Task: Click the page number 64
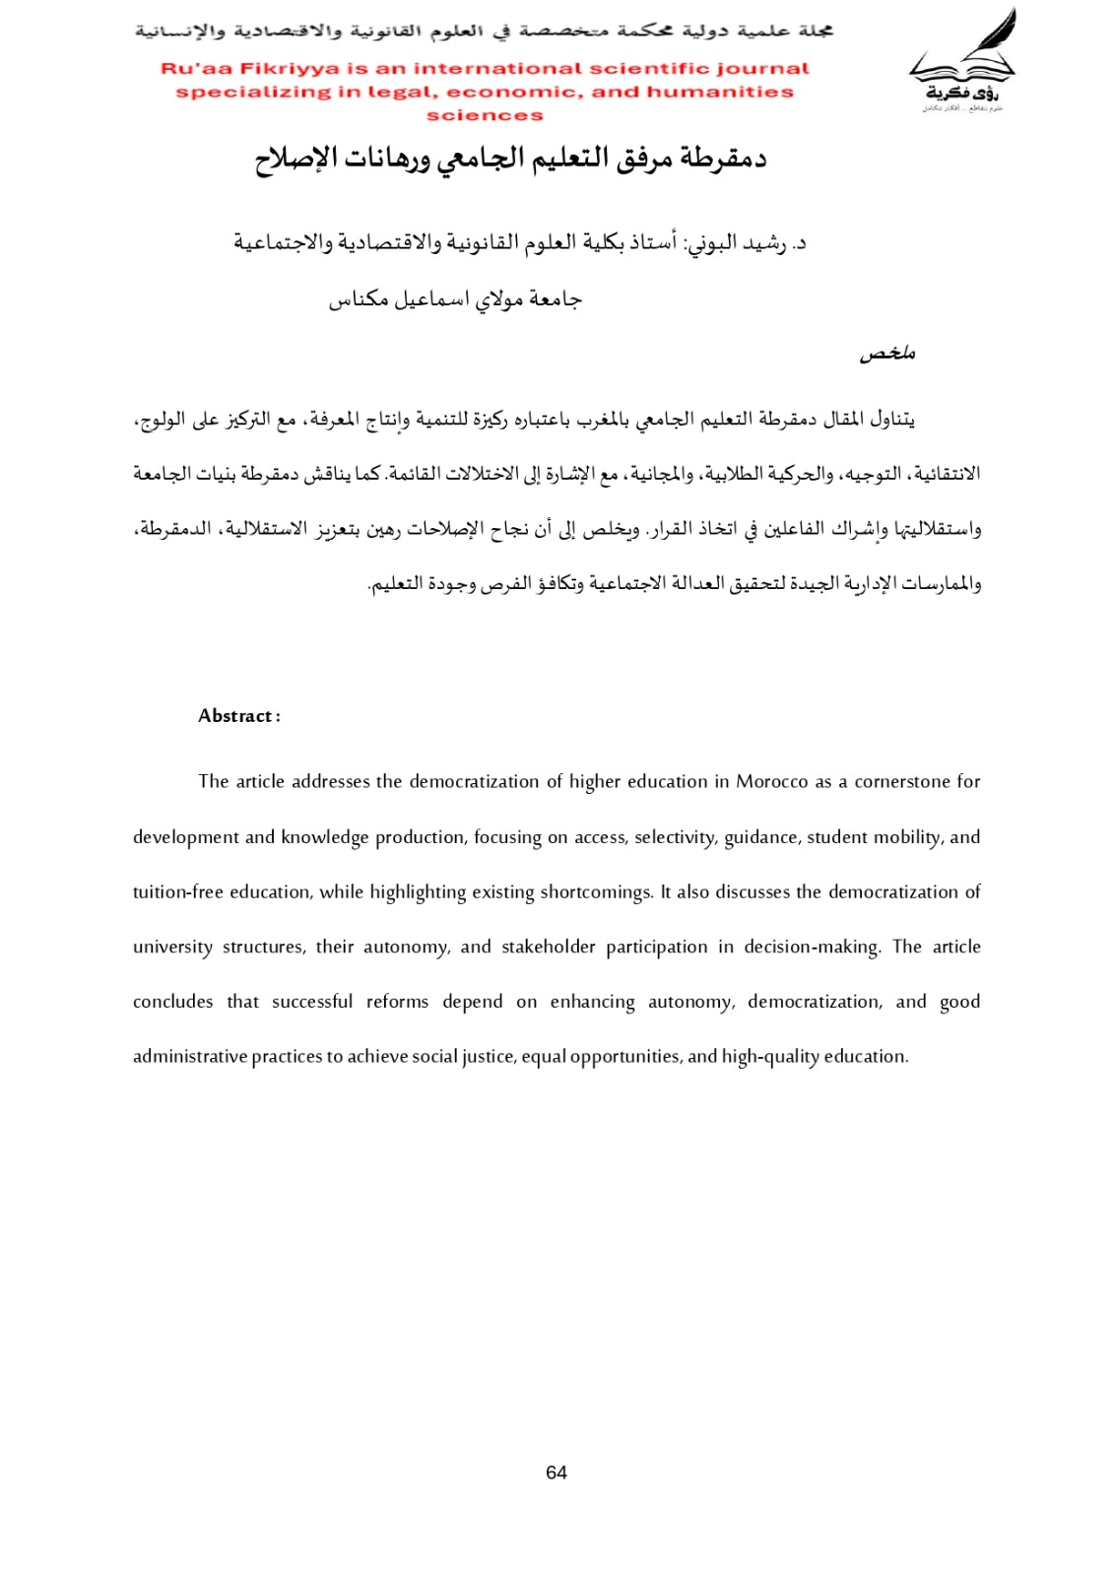(557, 1473)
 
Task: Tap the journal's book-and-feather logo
(961, 61)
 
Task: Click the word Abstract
(235, 716)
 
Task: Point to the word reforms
(397, 1002)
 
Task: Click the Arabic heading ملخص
(887, 353)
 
